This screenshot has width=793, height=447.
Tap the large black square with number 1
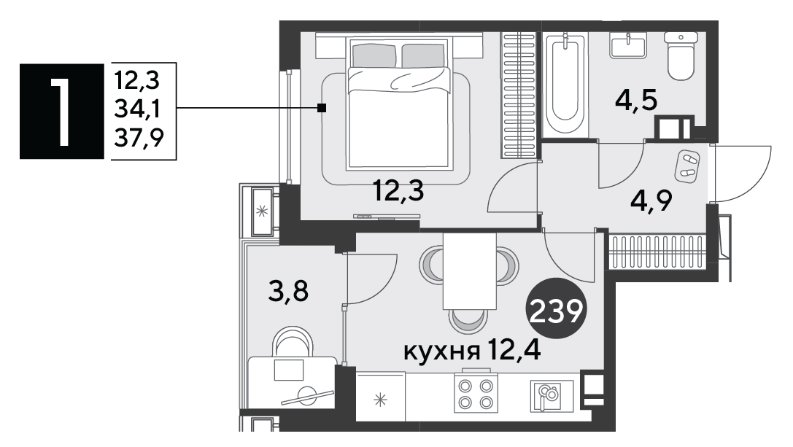tap(62, 112)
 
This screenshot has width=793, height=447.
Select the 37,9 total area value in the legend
tap(139, 138)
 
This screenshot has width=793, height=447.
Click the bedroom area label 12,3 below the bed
tap(398, 192)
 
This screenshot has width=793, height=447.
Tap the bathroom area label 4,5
tap(636, 101)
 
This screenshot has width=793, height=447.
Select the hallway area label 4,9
tap(651, 202)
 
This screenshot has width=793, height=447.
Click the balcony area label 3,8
tap(288, 292)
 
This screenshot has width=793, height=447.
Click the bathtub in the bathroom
tap(565, 83)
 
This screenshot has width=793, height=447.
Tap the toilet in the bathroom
tap(680, 55)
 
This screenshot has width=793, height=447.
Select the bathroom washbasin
tap(628, 45)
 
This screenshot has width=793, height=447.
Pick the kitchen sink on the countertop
tap(546, 395)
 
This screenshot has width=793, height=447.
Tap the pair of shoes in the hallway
tap(687, 166)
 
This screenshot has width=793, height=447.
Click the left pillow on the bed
tap(374, 55)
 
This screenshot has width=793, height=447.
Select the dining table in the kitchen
tap(470, 271)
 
